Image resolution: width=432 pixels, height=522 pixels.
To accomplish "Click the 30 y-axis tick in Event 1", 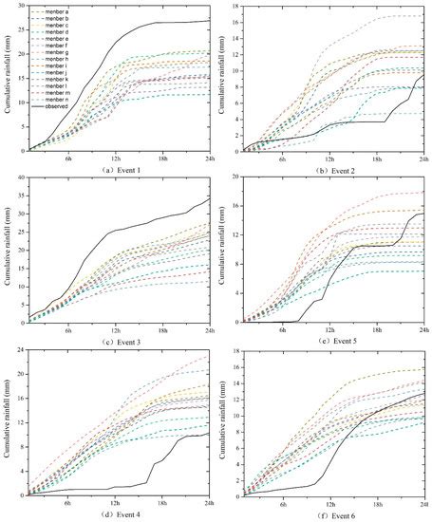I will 20,7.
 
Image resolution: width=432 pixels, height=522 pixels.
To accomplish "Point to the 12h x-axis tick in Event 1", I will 116,158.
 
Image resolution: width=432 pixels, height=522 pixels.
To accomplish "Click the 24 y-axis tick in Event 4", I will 20,350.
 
